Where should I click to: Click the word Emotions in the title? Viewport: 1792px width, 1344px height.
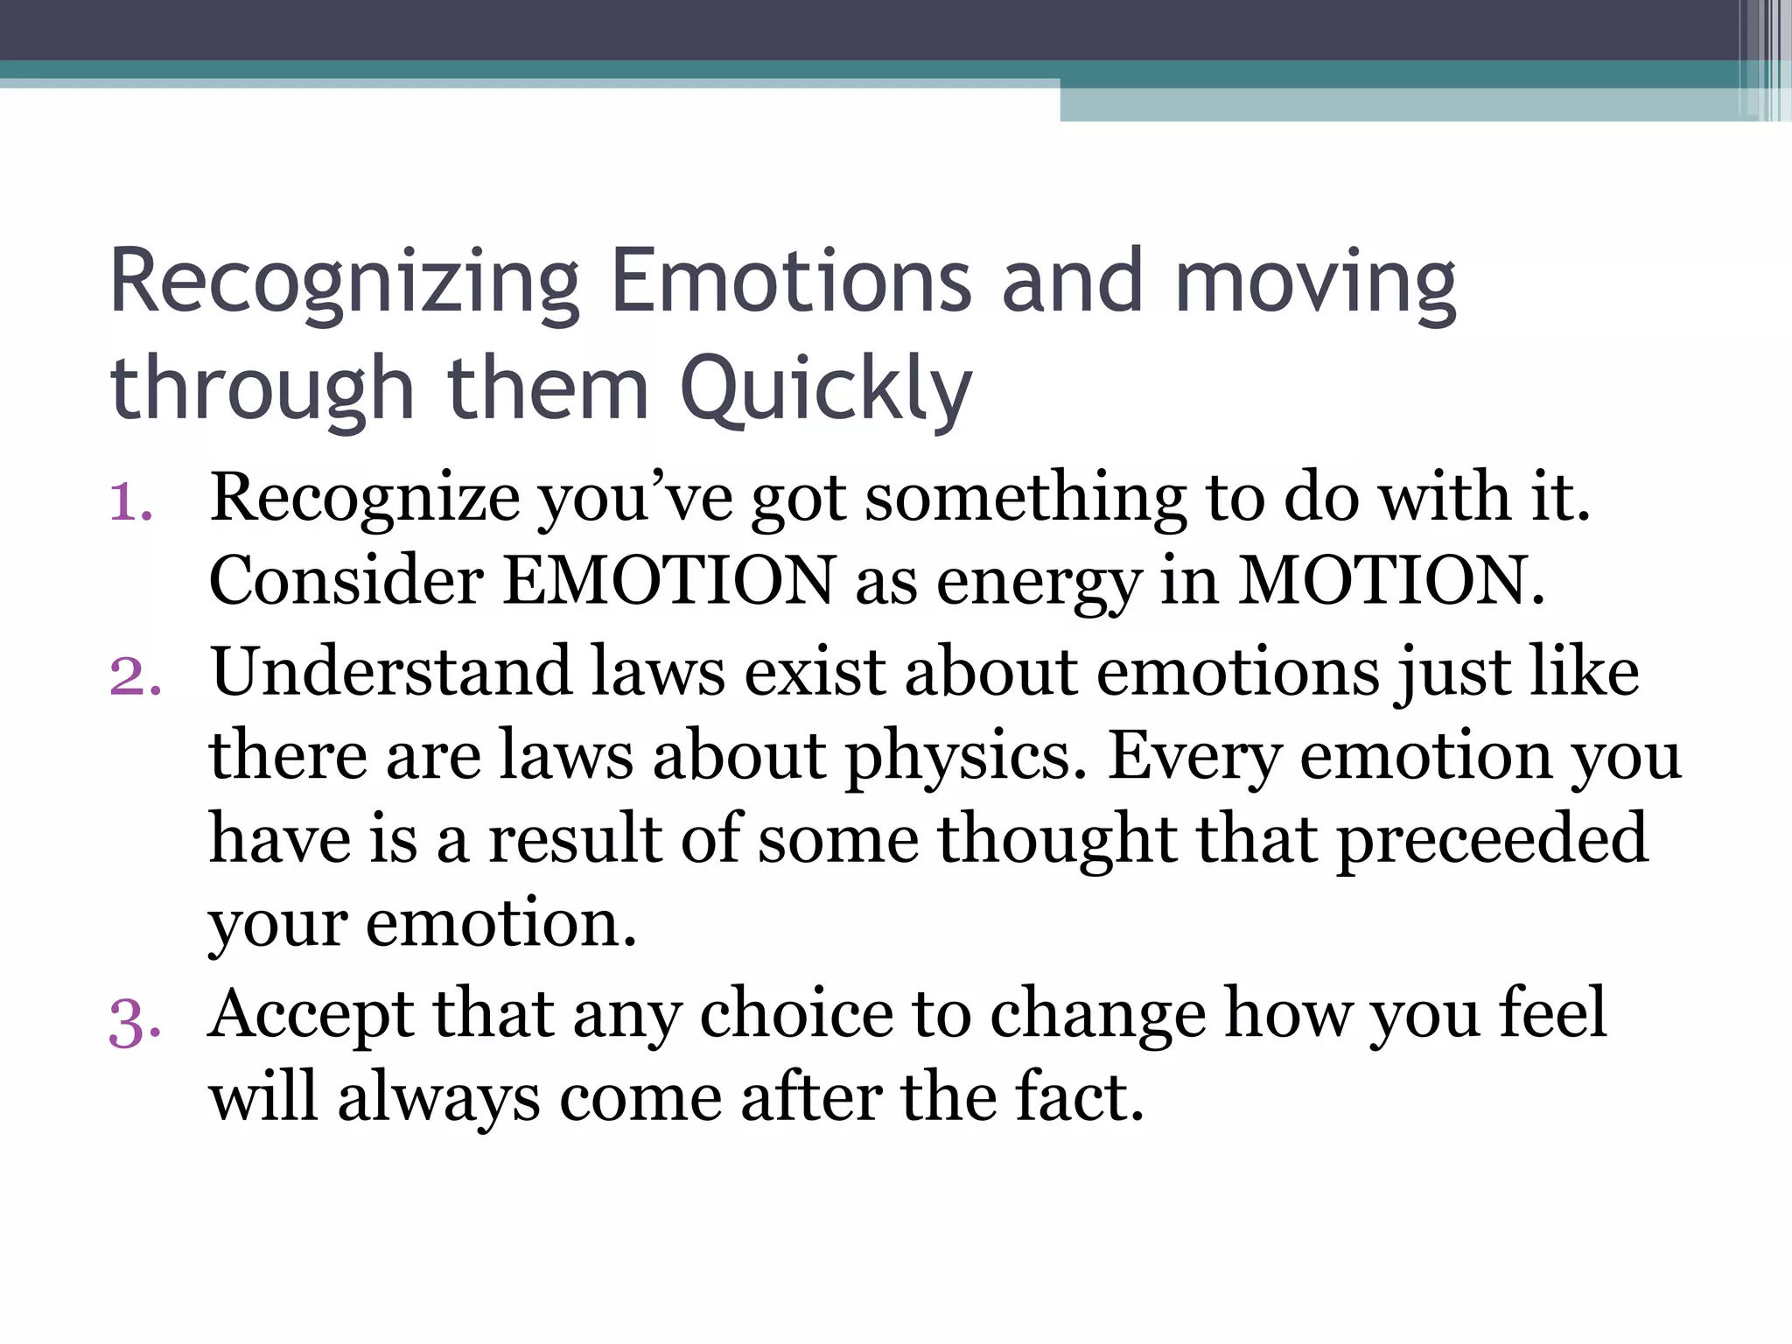click(x=790, y=282)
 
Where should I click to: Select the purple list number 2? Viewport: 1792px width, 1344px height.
click(x=136, y=676)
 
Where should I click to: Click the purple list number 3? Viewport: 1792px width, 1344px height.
click(x=135, y=1022)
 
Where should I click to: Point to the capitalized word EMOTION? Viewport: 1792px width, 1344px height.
click(x=669, y=580)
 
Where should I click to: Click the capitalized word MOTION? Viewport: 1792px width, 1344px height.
click(x=1391, y=580)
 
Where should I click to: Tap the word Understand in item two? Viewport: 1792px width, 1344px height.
click(x=391, y=672)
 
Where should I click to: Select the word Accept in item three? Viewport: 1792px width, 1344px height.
click(x=311, y=1015)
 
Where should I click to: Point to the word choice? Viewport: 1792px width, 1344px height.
click(x=796, y=1015)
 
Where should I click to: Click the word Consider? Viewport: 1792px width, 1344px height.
click(x=346, y=580)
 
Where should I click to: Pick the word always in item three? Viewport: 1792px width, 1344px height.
click(x=438, y=1099)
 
